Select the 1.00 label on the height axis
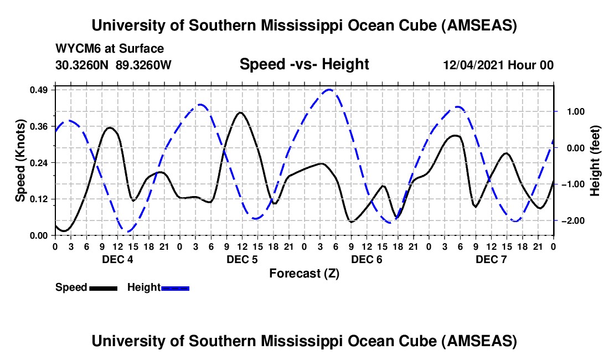pyautogui.click(x=574, y=111)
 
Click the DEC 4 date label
pyautogui.click(x=117, y=259)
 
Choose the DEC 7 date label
pyautogui.click(x=491, y=259)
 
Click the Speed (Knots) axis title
pyautogui.click(x=20, y=161)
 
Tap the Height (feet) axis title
pyautogui.click(x=595, y=161)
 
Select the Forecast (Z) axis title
pyautogui.click(x=304, y=273)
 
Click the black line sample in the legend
pyautogui.click(x=103, y=287)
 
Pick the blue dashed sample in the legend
pyautogui.click(x=175, y=287)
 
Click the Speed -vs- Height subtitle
pyautogui.click(x=304, y=64)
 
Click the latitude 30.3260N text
pyautogui.click(x=83, y=65)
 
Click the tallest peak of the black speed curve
pyautogui.click(x=240, y=112)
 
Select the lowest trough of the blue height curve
pyautogui.click(x=128, y=232)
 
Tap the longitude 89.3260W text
pyautogui.click(x=144, y=65)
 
